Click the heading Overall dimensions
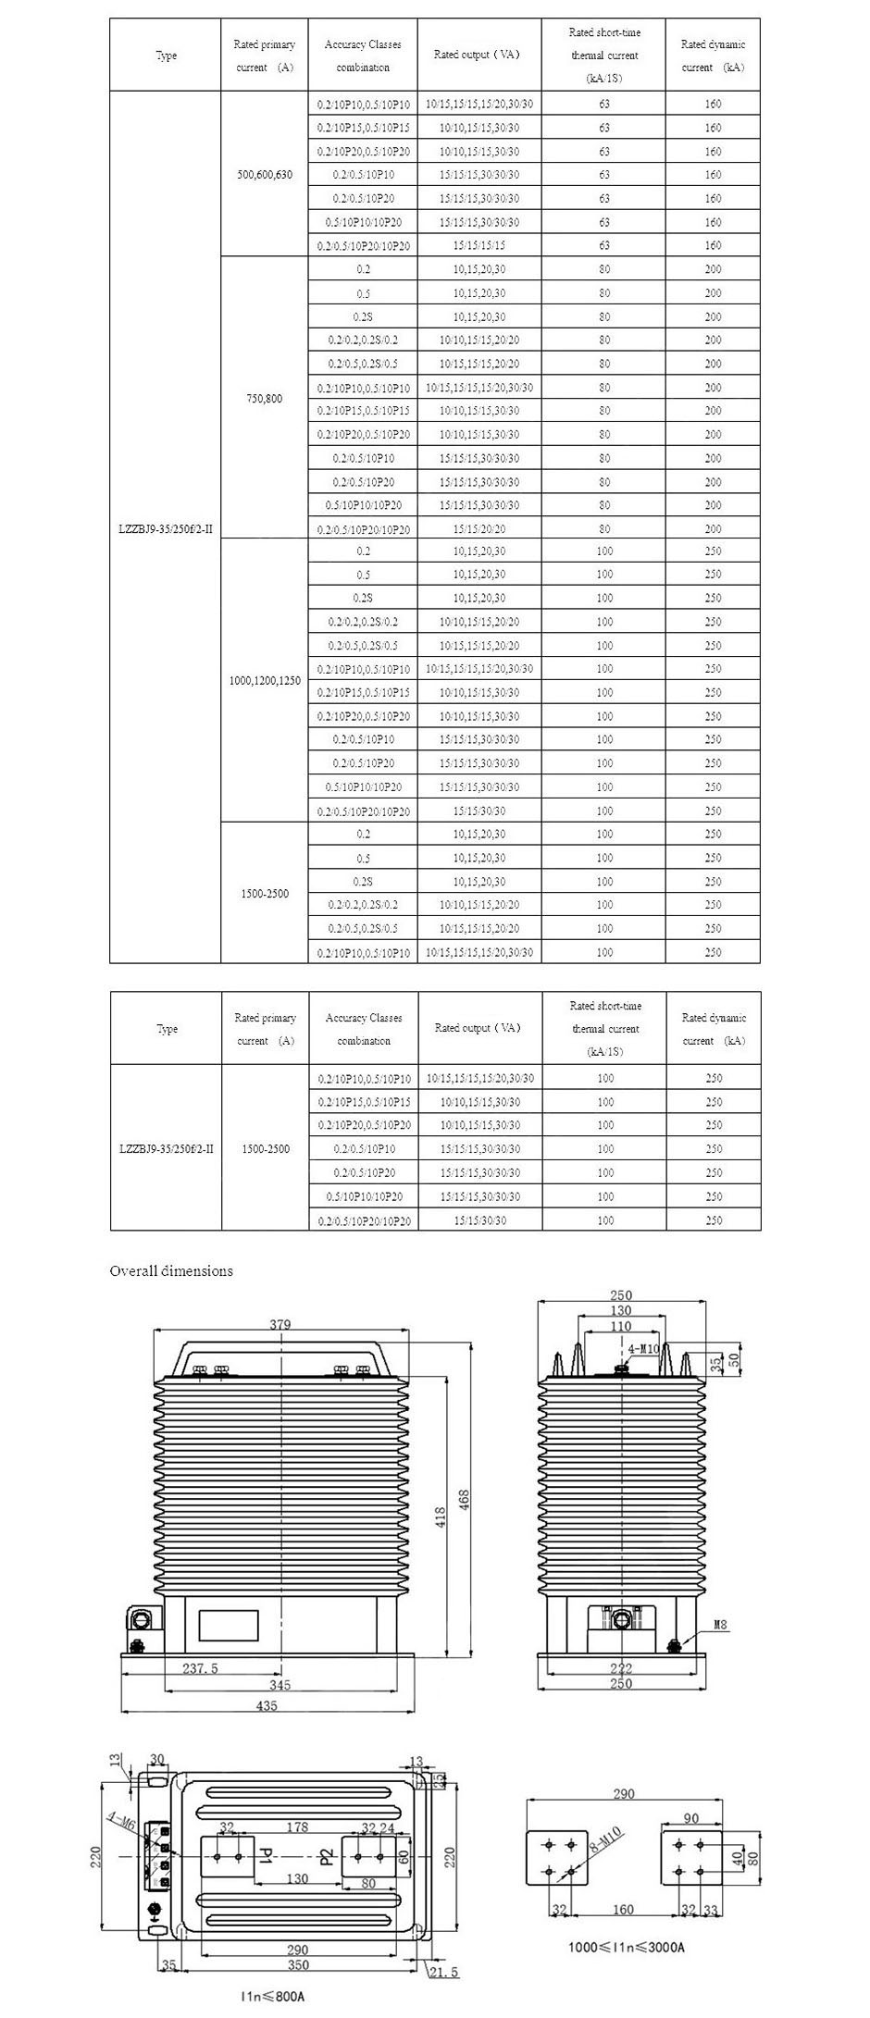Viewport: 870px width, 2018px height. coord(171,1270)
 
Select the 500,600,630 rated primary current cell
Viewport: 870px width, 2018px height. coord(264,174)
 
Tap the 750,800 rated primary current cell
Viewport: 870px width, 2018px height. coord(264,399)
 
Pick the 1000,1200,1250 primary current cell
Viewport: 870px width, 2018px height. coord(264,680)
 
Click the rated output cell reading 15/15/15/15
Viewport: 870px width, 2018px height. coord(479,245)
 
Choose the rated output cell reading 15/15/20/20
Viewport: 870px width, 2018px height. coord(479,529)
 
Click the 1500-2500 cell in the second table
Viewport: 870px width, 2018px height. coord(265,1148)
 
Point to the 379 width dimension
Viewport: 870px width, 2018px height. coord(280,1324)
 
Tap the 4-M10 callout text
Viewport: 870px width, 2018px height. coord(643,1350)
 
